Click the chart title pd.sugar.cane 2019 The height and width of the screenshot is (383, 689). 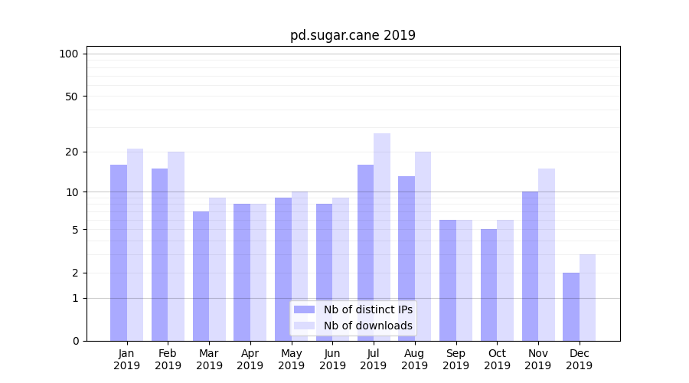click(352, 35)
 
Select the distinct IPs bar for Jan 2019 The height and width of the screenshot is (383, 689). click(119, 253)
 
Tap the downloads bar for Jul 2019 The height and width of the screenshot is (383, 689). click(382, 237)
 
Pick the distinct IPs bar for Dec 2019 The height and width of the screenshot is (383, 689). click(571, 306)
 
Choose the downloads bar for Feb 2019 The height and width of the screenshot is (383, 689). click(176, 246)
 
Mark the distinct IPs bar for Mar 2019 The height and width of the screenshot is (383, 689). click(201, 276)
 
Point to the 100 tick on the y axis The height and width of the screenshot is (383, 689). click(69, 54)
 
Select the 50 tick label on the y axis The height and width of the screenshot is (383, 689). click(71, 97)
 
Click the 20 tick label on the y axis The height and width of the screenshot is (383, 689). click(71, 152)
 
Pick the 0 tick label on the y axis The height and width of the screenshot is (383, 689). click(75, 341)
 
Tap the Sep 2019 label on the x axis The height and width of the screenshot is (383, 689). click(456, 359)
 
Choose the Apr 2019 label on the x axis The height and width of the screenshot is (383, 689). click(250, 359)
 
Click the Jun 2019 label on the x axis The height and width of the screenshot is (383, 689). click(332, 359)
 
